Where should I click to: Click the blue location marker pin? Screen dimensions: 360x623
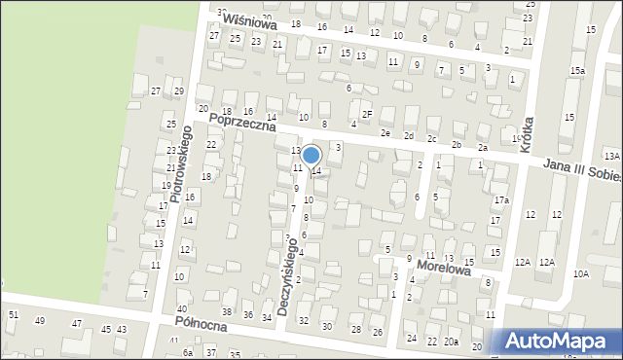pos(311,156)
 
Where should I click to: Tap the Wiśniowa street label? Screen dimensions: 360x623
pos(249,21)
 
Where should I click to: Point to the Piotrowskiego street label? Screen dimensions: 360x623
pos(180,164)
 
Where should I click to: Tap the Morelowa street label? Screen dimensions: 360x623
pos(444,266)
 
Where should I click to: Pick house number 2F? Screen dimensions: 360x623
pos(367,115)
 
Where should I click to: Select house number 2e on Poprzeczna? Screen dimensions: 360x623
pos(385,132)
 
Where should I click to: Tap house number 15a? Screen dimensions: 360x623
pos(578,71)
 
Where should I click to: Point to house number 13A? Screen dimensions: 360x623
pos(611,156)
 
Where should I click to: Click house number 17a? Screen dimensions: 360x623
pos(501,200)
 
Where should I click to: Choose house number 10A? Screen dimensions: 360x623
pos(581,274)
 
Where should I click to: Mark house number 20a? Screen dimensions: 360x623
pos(452,342)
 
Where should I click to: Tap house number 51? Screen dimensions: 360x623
pos(14,314)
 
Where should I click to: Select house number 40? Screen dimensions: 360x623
pos(181,308)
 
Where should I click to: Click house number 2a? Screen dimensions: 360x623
pos(483,147)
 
